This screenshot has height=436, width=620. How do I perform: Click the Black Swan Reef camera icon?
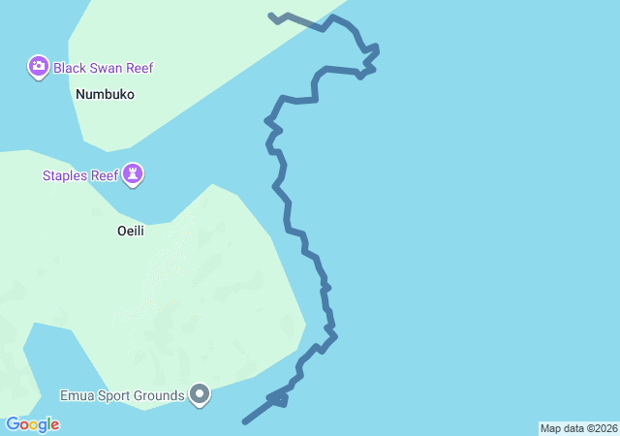[x=38, y=67]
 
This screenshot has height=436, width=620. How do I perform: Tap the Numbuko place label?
[x=105, y=95]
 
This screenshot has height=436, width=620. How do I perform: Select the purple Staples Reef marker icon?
[x=134, y=174]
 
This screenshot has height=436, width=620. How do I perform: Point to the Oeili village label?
[x=130, y=232]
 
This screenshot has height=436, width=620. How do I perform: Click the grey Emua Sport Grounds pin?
[x=200, y=394]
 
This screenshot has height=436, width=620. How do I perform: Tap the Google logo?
[x=33, y=424]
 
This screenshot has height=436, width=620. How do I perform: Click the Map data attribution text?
[x=578, y=428]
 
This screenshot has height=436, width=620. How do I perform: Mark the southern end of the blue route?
[x=244, y=421]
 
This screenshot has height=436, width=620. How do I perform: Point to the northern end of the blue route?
[x=271, y=16]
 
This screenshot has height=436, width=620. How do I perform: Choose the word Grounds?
[x=161, y=395]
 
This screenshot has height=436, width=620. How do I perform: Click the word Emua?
[x=77, y=395]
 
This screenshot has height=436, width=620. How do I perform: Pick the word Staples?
[x=63, y=175]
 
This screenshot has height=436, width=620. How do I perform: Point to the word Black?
[x=70, y=68]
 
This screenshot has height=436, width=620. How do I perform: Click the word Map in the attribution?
[x=550, y=428]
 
